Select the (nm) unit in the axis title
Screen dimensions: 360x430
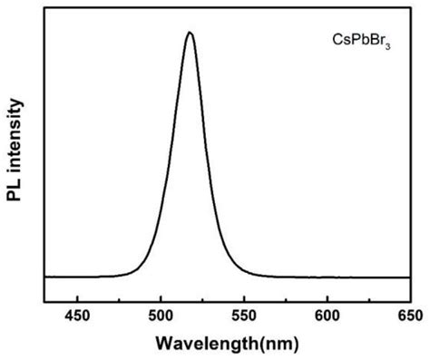tap(277, 344)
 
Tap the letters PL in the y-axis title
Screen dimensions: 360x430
tap(15, 213)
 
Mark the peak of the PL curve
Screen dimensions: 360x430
tap(190, 33)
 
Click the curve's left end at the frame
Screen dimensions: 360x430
tap(44, 277)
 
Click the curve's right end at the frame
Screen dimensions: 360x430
tap(409, 277)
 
